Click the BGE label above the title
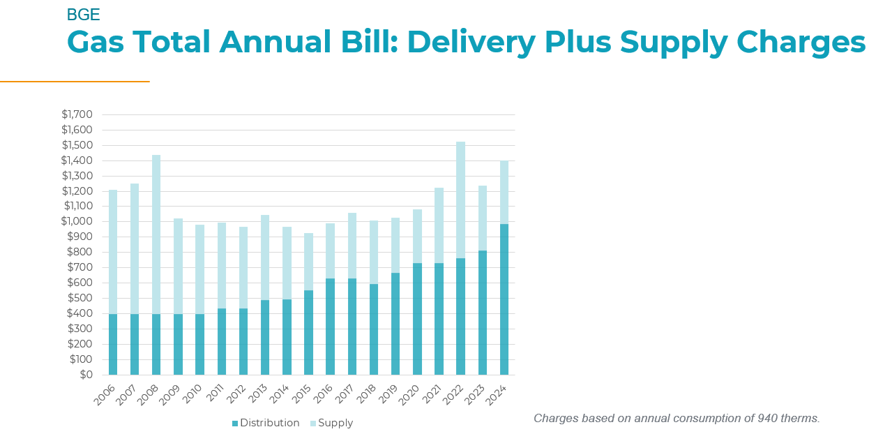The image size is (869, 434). tap(83, 15)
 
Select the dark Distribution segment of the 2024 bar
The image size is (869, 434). tap(504, 299)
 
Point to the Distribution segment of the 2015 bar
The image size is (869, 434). tap(308, 333)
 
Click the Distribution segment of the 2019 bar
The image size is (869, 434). tap(395, 324)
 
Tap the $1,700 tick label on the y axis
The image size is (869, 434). tap(77, 114)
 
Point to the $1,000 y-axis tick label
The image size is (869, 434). tap(77, 221)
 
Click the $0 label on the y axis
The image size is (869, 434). tap(85, 375)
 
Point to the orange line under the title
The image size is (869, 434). tap(75, 82)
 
